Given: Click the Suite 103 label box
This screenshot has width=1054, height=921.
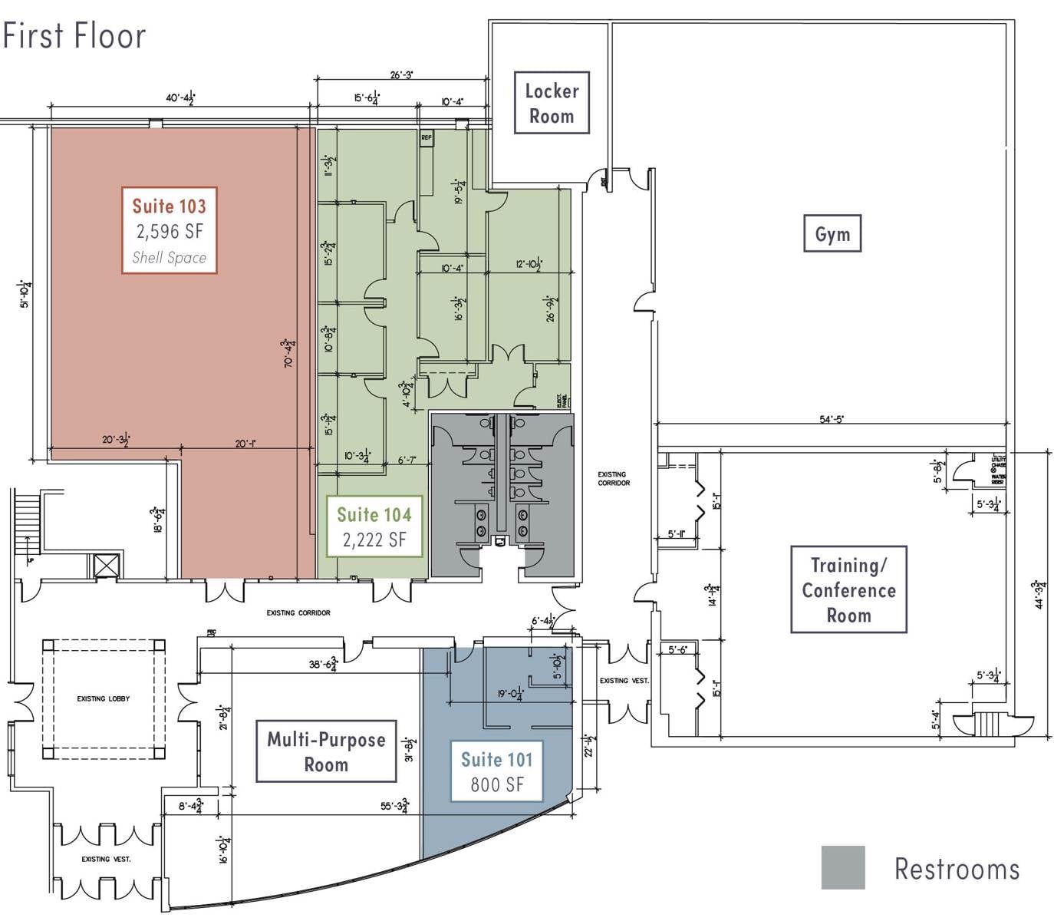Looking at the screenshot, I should click(169, 229).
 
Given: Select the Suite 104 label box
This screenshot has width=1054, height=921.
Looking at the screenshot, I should click(374, 527).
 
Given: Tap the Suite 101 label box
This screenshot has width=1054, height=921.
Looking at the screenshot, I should click(496, 771).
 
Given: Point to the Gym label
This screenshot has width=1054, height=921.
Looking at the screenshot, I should click(832, 234).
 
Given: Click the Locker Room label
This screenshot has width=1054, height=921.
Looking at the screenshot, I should click(552, 103).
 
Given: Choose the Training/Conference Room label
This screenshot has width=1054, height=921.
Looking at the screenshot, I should click(848, 589).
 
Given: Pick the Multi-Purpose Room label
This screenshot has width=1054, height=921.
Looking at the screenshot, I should click(326, 751).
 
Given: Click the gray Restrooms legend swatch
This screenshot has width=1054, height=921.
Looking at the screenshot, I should click(843, 867).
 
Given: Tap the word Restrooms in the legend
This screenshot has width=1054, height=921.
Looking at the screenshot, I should click(957, 869).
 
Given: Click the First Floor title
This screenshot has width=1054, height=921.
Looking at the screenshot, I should click(74, 36).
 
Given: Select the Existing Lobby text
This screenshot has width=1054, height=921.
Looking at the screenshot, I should click(103, 698).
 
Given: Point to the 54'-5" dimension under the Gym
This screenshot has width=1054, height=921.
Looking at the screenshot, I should click(832, 419).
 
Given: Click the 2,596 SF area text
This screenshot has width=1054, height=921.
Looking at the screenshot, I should click(170, 232).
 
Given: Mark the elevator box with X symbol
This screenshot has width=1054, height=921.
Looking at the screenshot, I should click(107, 566).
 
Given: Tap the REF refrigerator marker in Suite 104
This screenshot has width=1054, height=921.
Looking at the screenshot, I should click(427, 138).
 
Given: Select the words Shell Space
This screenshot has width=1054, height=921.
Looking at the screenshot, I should click(169, 258).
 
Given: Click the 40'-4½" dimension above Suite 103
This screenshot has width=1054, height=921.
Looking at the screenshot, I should click(180, 98).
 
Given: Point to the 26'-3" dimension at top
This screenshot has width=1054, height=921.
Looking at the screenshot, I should click(401, 75).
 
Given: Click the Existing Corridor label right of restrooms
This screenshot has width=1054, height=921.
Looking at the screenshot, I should click(614, 479).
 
